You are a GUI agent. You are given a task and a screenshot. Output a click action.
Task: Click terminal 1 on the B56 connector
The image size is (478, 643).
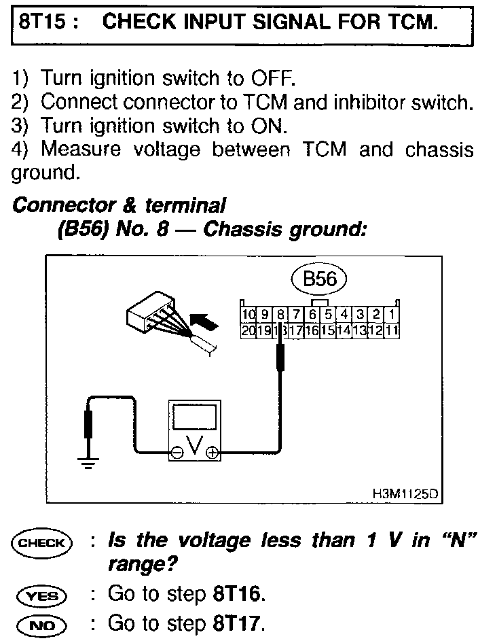click(393, 315)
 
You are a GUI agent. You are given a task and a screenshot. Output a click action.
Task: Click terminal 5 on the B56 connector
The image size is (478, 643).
click(328, 315)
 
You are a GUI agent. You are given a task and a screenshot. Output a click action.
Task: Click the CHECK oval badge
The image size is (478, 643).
click(42, 542)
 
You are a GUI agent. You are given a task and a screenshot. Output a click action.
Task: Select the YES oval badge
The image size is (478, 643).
click(42, 595)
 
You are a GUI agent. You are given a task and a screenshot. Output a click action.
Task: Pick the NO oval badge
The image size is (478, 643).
click(42, 625)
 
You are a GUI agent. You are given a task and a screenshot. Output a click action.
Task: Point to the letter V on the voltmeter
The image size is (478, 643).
click(195, 447)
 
